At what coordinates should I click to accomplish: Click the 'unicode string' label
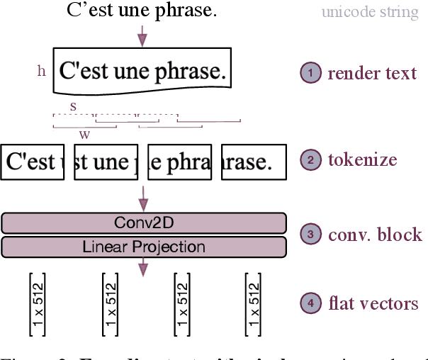click(x=370, y=12)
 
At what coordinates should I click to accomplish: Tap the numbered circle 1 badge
click(x=310, y=72)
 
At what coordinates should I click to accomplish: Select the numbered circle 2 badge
click(x=310, y=159)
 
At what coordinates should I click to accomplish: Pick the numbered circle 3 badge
click(x=310, y=234)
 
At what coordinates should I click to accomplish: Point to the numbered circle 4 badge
click(x=310, y=304)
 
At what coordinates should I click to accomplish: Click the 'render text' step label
click(x=372, y=72)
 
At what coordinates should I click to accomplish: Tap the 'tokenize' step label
click(x=362, y=159)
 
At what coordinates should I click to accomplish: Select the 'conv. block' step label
click(x=375, y=234)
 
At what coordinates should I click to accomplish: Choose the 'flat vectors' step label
click(x=373, y=304)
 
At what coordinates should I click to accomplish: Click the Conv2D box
click(x=144, y=223)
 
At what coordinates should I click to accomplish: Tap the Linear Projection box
click(x=144, y=247)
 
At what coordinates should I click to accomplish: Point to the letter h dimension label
click(x=41, y=70)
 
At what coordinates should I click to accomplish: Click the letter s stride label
click(x=73, y=106)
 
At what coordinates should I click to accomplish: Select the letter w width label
click(x=84, y=134)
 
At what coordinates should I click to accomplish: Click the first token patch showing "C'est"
click(x=33, y=162)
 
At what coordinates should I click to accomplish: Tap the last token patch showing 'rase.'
click(x=253, y=162)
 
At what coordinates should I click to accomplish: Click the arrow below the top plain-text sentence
click(x=144, y=33)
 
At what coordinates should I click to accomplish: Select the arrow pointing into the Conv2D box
click(x=144, y=196)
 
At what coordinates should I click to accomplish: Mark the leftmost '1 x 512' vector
click(x=38, y=304)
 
